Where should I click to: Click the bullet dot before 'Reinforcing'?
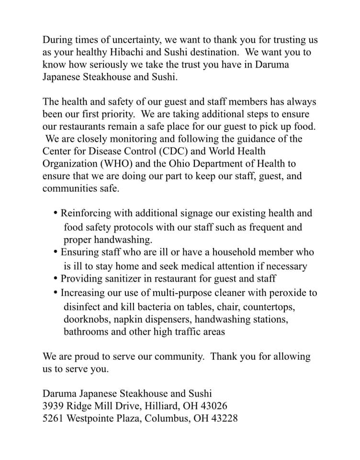pos(56,212)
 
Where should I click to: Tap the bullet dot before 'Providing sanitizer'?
pos(56,278)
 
